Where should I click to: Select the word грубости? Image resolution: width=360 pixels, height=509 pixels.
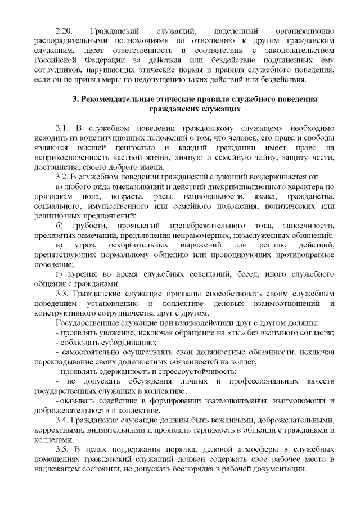[x=103, y=226]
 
